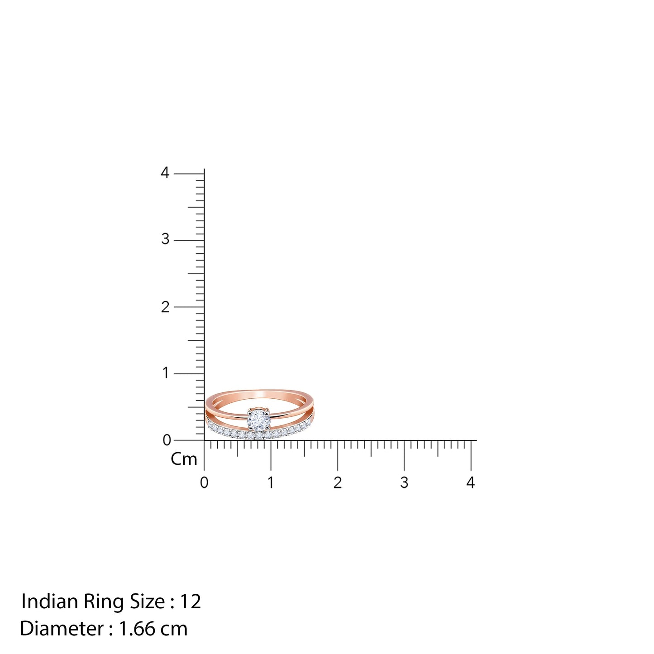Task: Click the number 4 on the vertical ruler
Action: [165, 173]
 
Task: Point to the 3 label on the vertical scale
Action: [165, 239]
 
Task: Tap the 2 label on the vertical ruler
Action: [165, 307]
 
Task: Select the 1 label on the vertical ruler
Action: [166, 373]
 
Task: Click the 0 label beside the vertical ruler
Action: [167, 440]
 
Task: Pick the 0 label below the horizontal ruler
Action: [204, 482]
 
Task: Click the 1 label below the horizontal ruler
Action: [271, 482]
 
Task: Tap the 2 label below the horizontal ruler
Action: [337, 482]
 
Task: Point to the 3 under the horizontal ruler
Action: [404, 482]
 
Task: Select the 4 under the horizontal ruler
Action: [470, 482]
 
